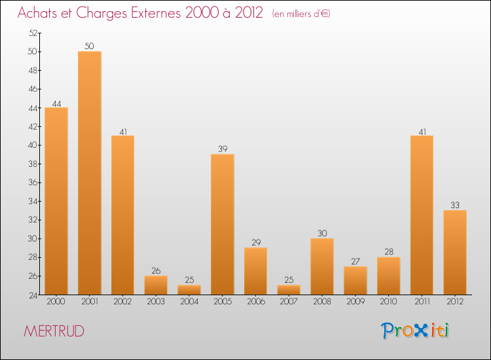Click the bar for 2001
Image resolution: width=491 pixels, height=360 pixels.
coord(90,173)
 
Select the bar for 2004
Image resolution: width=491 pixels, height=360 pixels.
coord(189,290)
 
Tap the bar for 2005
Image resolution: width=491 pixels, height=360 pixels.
coord(223,225)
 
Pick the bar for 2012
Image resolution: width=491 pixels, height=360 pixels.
coord(455,252)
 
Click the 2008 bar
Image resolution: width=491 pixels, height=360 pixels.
coord(322,266)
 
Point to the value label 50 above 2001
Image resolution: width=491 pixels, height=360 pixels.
coord(90,46)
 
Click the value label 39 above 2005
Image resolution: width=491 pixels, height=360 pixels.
coord(223,149)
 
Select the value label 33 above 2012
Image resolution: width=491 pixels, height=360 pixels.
coord(455,205)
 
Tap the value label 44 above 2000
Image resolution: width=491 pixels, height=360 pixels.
coord(56,102)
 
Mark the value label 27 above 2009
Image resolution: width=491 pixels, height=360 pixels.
coord(355,261)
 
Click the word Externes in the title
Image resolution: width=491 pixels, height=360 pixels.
coord(153,13)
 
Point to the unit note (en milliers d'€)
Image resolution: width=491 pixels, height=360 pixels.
coord(301,14)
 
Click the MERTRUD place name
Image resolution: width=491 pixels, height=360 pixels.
coord(54,331)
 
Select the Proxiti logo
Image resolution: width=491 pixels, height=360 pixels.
coord(416,331)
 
